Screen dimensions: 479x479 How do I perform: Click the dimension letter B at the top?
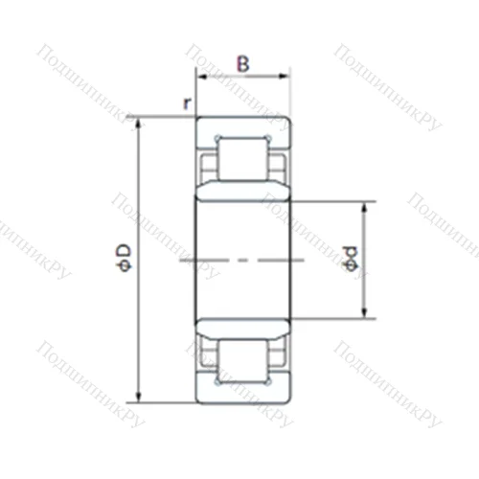click(243, 64)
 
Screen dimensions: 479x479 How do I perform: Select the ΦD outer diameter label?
click(123, 257)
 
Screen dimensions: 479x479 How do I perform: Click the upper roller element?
click(242, 157)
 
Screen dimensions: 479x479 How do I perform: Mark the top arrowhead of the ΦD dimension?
click(140, 122)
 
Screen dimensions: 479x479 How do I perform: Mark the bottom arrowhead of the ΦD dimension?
click(140, 398)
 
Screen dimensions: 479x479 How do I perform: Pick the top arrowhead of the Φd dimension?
click(364, 205)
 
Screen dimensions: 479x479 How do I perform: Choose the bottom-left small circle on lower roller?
click(219, 382)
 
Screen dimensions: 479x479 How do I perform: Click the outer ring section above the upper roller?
click(242, 125)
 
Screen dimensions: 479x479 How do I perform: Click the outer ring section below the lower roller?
click(242, 394)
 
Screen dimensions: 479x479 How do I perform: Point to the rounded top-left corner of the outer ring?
click(199, 120)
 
